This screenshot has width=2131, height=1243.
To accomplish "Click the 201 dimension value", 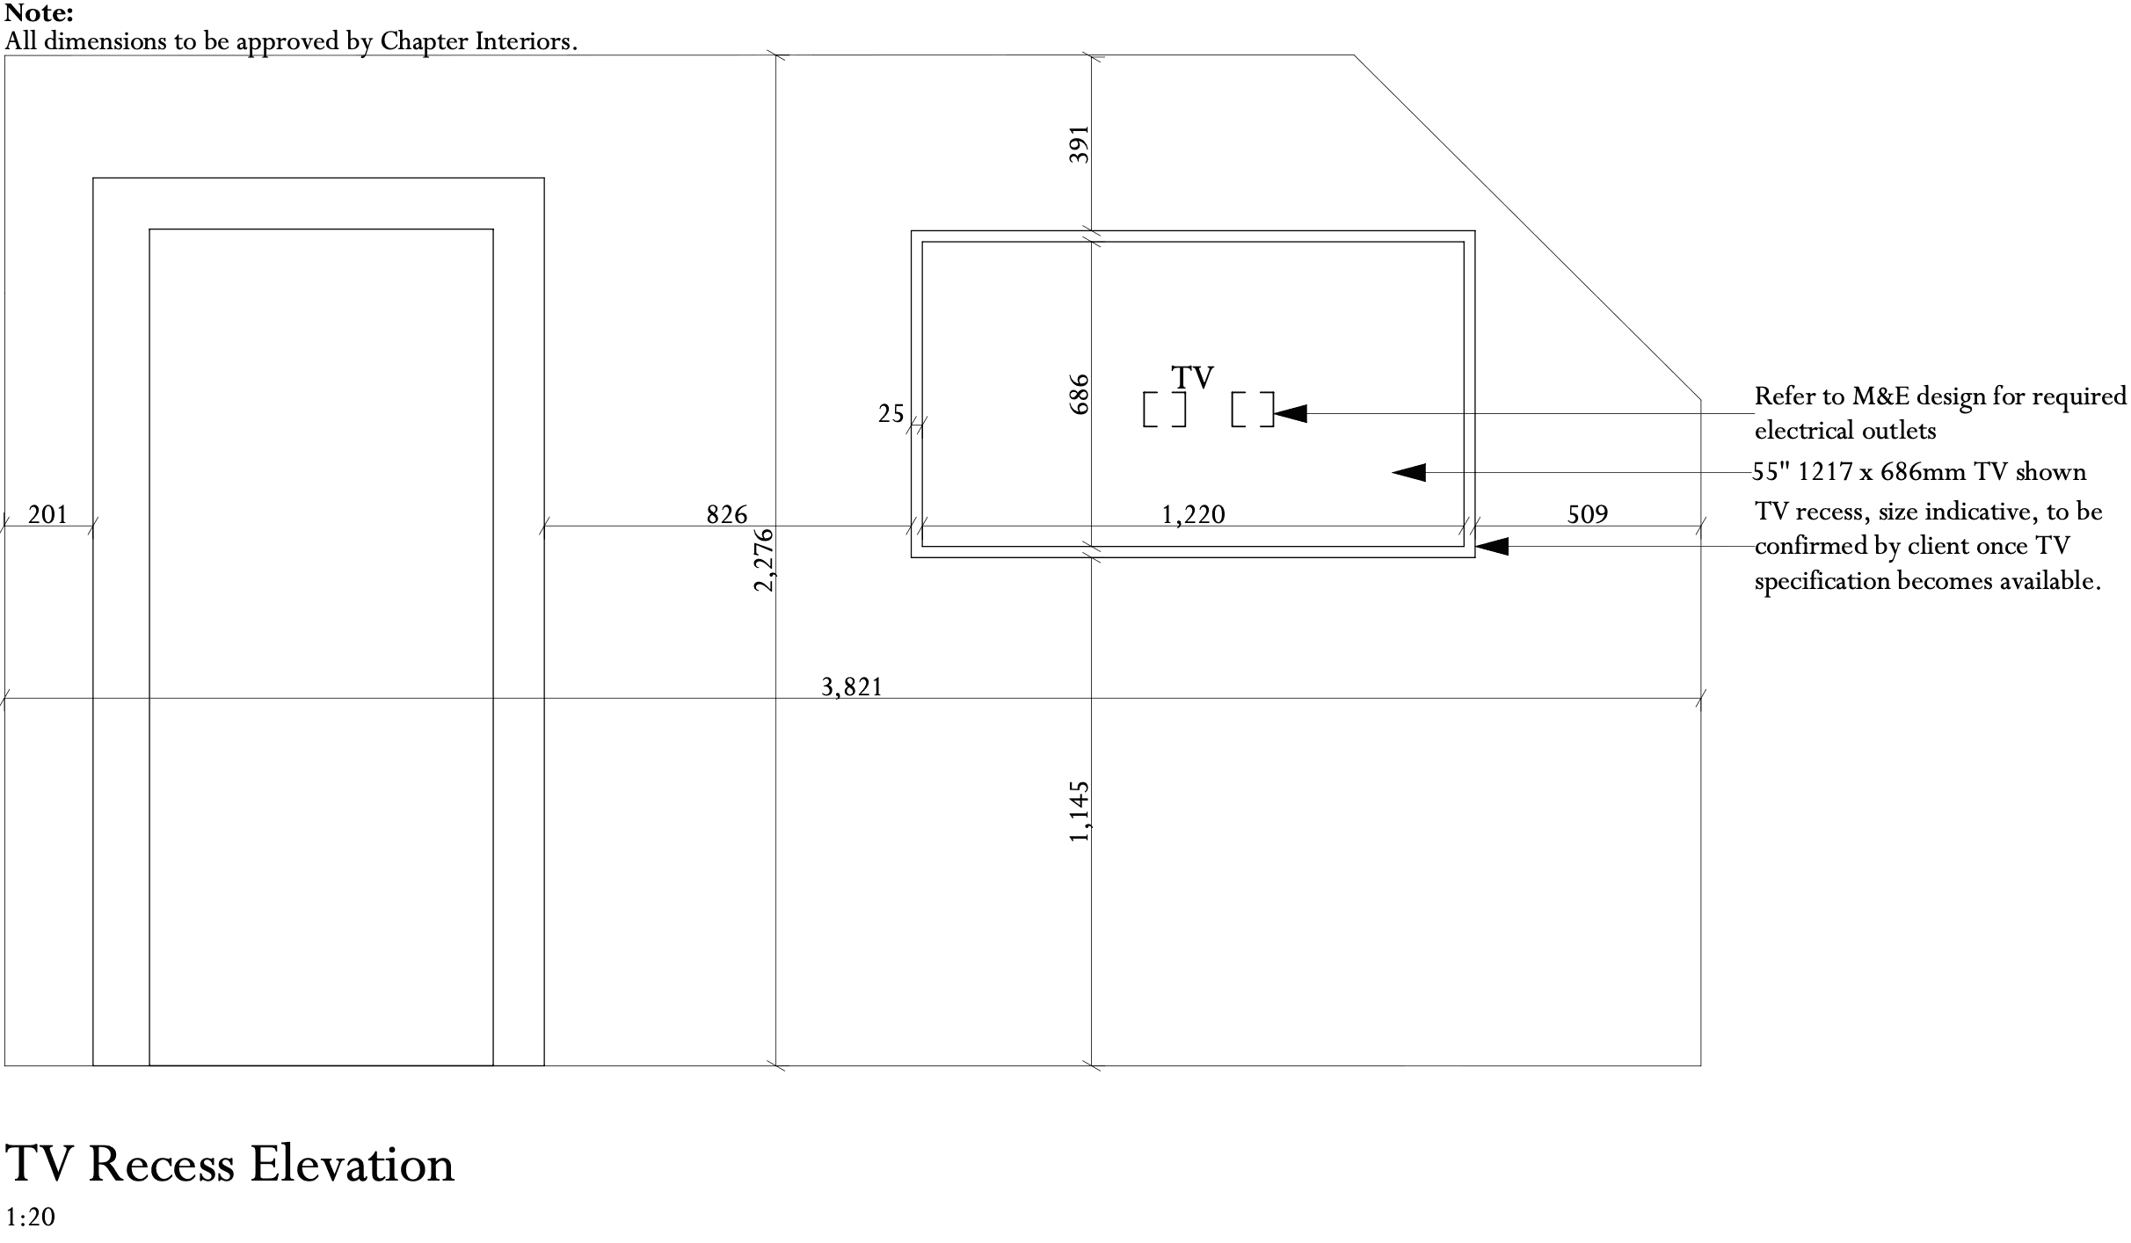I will [47, 514].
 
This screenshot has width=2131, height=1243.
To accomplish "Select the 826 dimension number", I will [727, 514].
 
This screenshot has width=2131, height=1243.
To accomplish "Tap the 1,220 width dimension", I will [1193, 514].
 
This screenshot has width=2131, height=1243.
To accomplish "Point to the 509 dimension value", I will [1588, 514].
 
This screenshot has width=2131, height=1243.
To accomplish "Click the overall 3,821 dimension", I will [851, 687].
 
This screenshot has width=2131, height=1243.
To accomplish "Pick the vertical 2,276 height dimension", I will [764, 559].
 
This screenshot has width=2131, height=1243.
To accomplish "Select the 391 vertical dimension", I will [1079, 144].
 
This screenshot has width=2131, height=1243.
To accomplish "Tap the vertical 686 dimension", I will [1079, 394].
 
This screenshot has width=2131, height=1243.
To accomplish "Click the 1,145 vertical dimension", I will [1079, 810].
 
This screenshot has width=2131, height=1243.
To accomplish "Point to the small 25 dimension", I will [891, 413].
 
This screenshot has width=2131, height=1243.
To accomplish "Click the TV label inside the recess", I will [1192, 378].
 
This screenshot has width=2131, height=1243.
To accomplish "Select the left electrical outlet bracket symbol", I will [1164, 410].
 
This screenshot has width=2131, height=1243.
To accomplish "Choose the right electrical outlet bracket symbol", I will [1252, 410].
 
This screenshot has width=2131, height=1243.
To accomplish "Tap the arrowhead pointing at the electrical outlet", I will [1291, 413].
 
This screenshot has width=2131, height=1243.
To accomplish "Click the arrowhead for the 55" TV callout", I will [1408, 473].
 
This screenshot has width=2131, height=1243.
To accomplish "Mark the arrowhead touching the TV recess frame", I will [1492, 546].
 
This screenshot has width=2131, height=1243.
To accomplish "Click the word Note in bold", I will [39, 13].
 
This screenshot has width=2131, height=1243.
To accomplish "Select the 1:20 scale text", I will [30, 1217].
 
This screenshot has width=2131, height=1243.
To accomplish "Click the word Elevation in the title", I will [352, 1164].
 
